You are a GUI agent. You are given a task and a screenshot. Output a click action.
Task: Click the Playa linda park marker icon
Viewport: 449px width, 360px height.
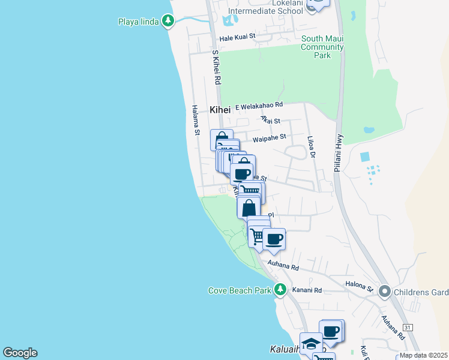[168, 22]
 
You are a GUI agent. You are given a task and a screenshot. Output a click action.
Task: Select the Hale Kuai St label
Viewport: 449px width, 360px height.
[238, 37]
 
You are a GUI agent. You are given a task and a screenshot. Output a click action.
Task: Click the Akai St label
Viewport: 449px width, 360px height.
[271, 120]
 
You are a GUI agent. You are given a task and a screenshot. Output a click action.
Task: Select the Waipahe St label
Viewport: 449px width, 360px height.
[270, 139]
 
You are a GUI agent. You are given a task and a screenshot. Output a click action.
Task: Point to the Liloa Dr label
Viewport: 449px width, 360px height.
[311, 147]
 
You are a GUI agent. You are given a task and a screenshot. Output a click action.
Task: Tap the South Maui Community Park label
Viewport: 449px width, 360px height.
[322, 47]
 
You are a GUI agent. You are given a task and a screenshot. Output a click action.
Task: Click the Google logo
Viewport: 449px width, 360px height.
[20, 353]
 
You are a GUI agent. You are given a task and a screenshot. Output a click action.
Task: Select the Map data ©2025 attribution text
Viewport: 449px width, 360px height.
[423, 355]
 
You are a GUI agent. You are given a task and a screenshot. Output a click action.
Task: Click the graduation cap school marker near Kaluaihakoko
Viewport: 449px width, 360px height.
[311, 344]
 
